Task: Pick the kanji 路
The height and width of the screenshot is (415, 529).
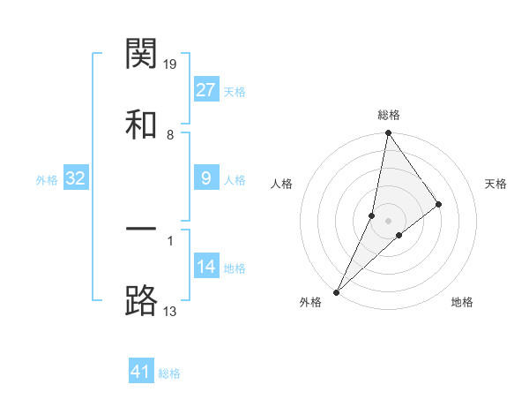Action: (x=142, y=300)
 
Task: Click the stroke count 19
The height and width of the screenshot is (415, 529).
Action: (x=171, y=64)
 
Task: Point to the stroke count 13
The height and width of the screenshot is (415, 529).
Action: (x=171, y=311)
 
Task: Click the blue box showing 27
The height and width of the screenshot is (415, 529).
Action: (x=205, y=90)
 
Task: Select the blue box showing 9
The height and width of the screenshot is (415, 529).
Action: (x=205, y=178)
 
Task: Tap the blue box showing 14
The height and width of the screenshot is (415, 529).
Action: (x=205, y=266)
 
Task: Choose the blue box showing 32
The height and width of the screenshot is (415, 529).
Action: (x=76, y=178)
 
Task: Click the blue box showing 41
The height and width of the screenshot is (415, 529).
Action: (x=141, y=372)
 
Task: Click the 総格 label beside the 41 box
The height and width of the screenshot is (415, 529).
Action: (x=169, y=373)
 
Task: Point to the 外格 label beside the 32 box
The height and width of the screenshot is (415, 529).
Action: (x=47, y=180)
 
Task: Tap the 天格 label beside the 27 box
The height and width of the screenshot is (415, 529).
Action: (x=235, y=92)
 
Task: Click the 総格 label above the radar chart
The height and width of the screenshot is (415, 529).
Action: (x=388, y=115)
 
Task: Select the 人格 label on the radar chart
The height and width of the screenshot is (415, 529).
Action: (x=281, y=184)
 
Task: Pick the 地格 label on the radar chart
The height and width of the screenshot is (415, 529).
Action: (x=462, y=303)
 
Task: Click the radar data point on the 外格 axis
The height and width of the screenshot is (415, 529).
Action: (x=336, y=291)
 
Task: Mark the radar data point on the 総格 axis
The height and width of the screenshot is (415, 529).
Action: (x=388, y=133)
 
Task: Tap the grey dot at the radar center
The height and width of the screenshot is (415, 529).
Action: (x=388, y=220)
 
